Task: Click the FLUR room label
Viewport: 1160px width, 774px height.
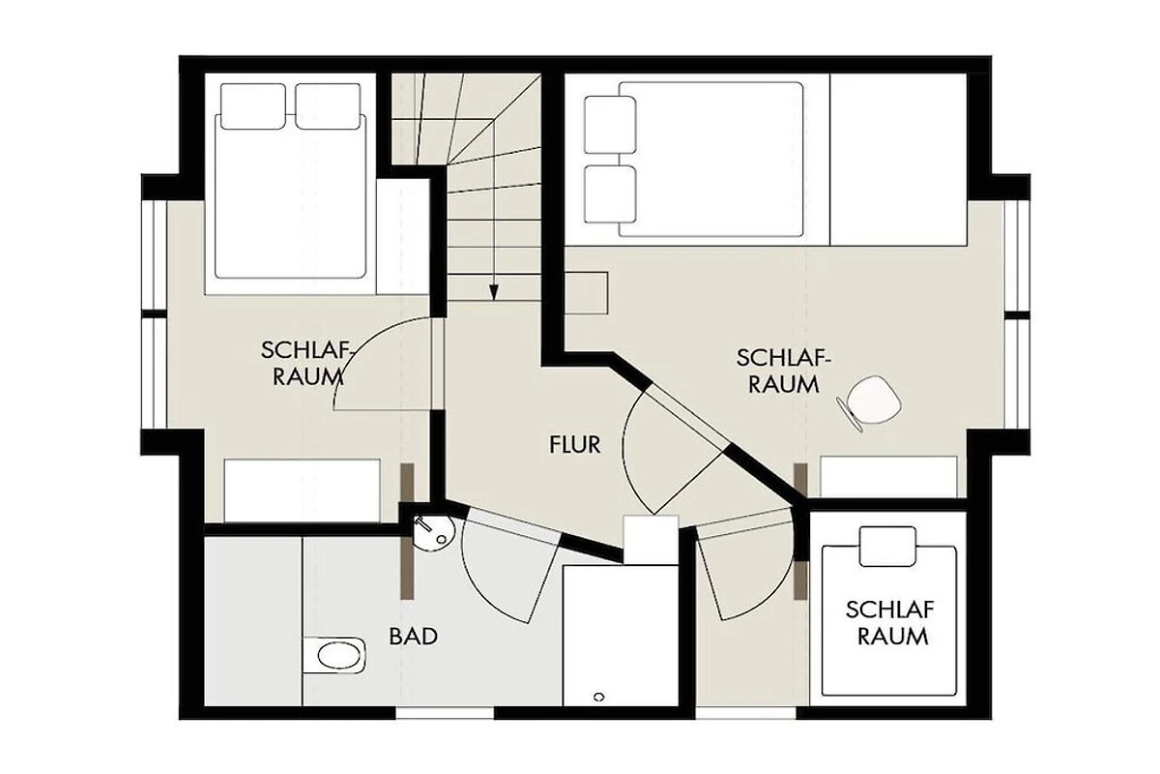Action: coord(575,445)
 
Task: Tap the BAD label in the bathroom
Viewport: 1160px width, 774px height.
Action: coord(414,637)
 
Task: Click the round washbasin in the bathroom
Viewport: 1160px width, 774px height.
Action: coord(434,532)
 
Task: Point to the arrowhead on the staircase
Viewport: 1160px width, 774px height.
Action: coord(494,293)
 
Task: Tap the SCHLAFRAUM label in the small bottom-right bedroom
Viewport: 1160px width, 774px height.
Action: coord(890,623)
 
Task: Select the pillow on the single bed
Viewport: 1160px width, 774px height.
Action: coord(887,547)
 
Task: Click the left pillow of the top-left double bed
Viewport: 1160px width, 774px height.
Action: coord(253,106)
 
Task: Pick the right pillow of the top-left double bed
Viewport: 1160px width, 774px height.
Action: coord(328,106)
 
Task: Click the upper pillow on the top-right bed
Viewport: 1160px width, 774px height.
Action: coord(610,125)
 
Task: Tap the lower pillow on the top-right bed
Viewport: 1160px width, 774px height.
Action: coord(610,194)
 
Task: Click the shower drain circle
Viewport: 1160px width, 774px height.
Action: coord(599,697)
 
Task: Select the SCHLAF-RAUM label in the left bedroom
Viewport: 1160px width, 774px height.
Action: coord(306,364)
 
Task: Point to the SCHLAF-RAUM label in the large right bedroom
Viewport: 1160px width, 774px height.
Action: coord(784,372)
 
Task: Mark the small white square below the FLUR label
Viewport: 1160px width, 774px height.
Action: coord(651,539)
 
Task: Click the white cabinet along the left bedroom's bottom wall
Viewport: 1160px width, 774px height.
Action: coord(302,490)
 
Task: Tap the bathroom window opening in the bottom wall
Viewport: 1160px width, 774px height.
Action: coord(445,712)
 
